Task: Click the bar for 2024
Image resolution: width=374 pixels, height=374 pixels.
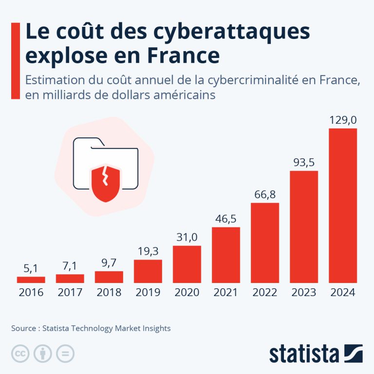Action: tap(343, 205)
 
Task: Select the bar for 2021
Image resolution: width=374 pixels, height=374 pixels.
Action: tap(226, 255)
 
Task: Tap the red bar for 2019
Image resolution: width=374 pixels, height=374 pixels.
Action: tap(148, 271)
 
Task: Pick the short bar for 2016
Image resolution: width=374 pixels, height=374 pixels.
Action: tap(31, 280)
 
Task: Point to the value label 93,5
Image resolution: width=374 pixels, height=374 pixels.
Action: tap(304, 163)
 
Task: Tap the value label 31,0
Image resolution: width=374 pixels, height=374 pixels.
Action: tap(187, 237)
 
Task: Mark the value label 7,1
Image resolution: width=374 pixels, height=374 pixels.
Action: tap(70, 266)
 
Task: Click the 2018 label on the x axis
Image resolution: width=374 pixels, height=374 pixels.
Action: tap(109, 293)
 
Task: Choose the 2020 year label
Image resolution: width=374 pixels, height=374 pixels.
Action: tap(187, 293)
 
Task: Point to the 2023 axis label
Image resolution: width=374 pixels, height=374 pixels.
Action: tap(304, 293)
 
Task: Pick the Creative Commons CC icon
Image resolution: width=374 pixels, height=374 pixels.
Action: tap(20, 354)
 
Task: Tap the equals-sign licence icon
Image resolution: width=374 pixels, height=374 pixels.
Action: tap(65, 354)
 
